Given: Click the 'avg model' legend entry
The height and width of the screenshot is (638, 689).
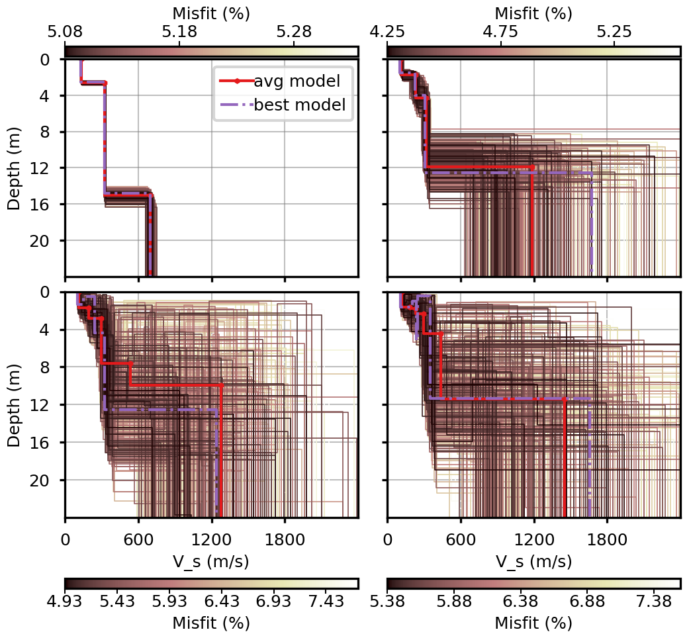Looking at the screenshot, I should pyautogui.click(x=297, y=81).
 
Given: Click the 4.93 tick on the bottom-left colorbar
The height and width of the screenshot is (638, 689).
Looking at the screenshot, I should pyautogui.click(x=65, y=604).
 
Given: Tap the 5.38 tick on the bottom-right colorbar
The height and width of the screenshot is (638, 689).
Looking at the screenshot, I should pyautogui.click(x=388, y=604).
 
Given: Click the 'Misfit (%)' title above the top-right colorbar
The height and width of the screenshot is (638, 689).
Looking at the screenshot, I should pyautogui.click(x=534, y=13).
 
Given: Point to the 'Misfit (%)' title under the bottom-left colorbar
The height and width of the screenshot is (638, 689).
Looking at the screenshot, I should pyautogui.click(x=211, y=623).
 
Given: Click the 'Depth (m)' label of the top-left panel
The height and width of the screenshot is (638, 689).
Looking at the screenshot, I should pyautogui.click(x=14, y=168).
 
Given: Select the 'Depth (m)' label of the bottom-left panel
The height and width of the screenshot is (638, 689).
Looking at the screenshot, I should pyautogui.click(x=14, y=404).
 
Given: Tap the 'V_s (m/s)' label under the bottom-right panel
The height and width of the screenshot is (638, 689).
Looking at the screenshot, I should pyautogui.click(x=534, y=561).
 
